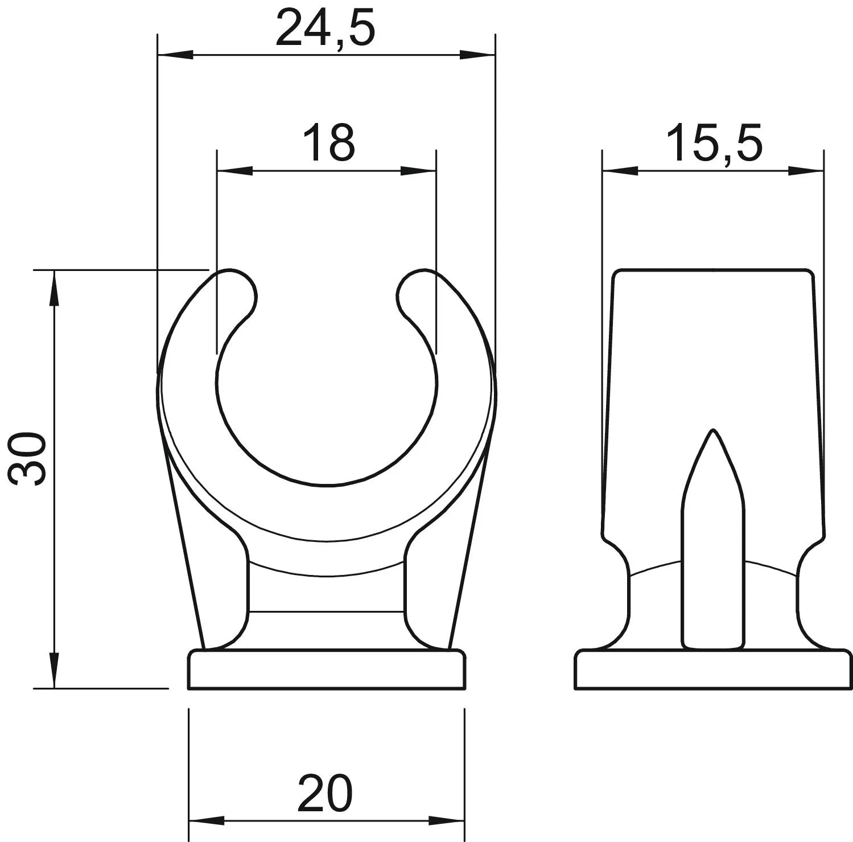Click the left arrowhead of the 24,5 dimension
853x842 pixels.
click(175, 55)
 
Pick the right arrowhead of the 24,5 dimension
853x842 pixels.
click(477, 55)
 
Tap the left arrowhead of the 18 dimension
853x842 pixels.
click(235, 171)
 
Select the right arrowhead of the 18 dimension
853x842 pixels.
click(418, 171)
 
